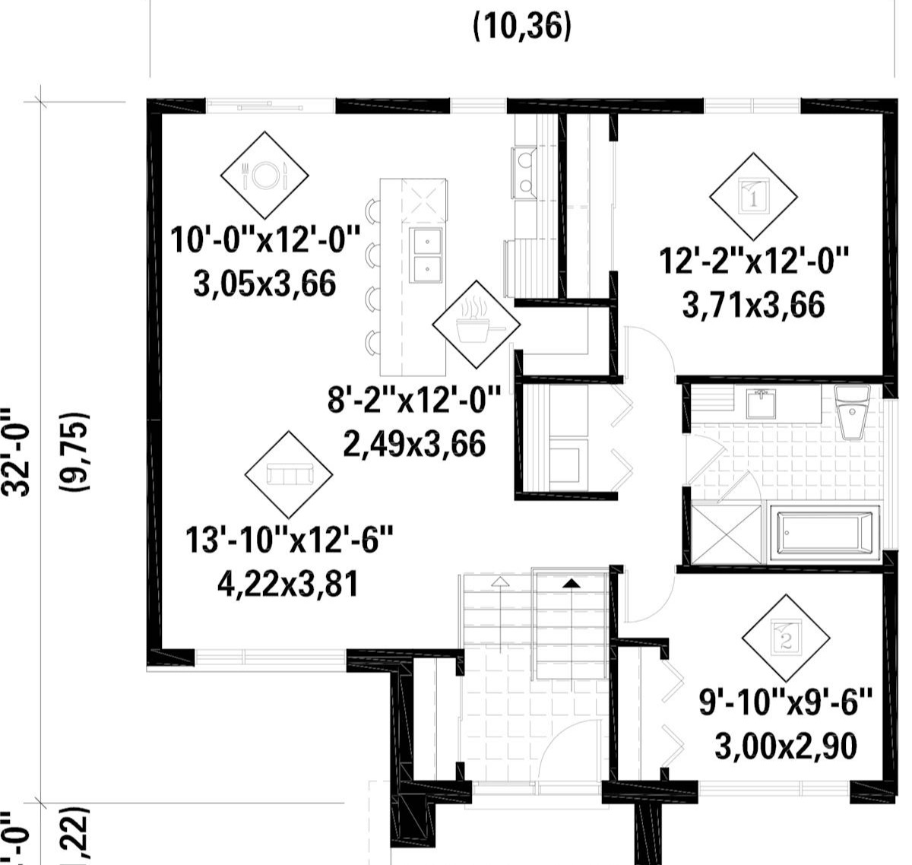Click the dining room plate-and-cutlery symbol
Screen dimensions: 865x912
click(x=264, y=175)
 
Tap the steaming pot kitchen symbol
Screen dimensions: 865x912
click(x=477, y=322)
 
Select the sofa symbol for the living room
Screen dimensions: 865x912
click(x=289, y=474)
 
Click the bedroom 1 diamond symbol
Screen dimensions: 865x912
click(x=753, y=197)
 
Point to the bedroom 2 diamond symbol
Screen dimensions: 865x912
click(x=786, y=638)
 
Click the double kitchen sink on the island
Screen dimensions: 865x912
click(x=426, y=254)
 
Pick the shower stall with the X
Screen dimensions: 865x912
click(x=727, y=534)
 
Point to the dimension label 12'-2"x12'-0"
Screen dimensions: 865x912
click(x=753, y=262)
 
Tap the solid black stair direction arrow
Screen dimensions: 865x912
click(x=571, y=583)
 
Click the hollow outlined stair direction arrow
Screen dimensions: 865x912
click(x=499, y=583)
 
